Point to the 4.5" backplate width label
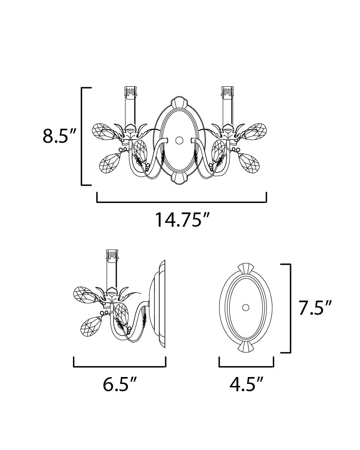tap(246, 384)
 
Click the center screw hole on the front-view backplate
tap(179, 140)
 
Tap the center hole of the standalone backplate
tap(246, 307)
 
